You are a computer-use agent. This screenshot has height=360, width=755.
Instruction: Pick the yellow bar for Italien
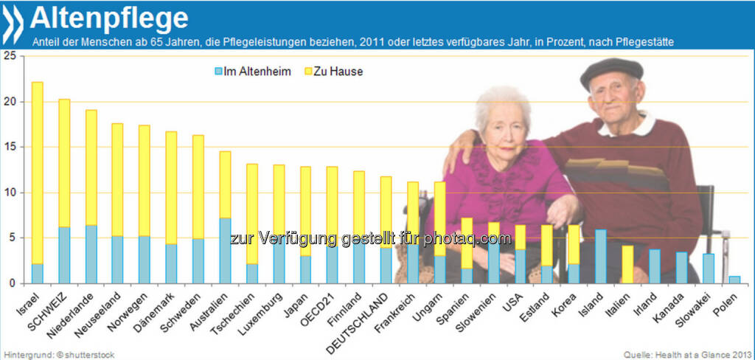(x=627, y=264)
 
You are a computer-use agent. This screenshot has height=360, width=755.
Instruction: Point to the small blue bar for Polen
(x=734, y=279)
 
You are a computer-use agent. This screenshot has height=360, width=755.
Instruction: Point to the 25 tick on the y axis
(x=10, y=56)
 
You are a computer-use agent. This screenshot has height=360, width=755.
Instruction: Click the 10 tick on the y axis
(x=10, y=193)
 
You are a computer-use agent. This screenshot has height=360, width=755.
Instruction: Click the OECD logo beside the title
(x=13, y=24)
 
